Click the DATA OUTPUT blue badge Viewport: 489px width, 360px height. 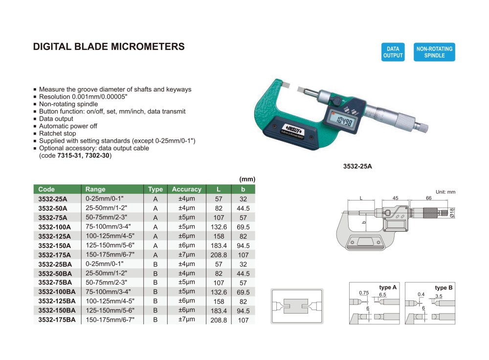click(x=393, y=52)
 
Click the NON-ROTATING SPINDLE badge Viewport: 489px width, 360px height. click(x=434, y=52)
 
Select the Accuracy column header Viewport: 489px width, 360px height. click(x=186, y=189)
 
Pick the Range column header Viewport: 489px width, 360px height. click(x=95, y=189)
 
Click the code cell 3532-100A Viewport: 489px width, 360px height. click(x=54, y=227)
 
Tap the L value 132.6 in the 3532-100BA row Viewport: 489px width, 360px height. click(x=218, y=292)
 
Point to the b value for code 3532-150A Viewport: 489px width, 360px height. click(x=243, y=246)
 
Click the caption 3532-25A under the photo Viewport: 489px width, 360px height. click(x=357, y=166)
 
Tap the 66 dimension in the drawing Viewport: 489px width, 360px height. click(x=428, y=199)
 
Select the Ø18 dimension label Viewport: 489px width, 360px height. click(x=452, y=212)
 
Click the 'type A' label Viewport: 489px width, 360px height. click(x=388, y=288)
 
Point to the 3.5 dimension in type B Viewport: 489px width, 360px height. click(x=439, y=296)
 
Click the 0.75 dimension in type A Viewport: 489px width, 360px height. click(x=363, y=292)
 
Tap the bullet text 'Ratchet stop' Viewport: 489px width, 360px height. click(x=57, y=133)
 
